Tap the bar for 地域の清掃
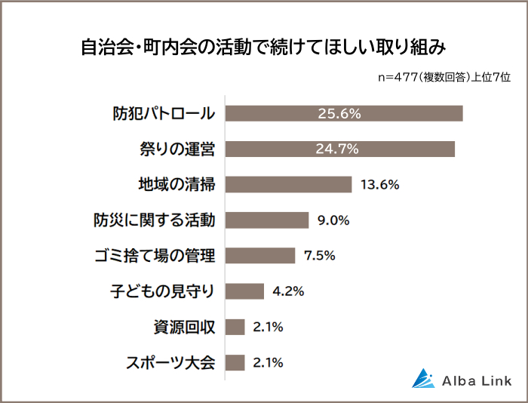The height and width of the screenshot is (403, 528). pos(289,184)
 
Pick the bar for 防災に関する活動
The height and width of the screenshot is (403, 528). pos(267,220)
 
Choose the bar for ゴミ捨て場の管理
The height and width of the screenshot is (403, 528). pos(260,255)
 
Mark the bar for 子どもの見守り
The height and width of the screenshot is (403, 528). pos(245,291)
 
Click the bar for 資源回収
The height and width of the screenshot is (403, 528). pos(235,326)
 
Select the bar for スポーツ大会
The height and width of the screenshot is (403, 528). pos(235,361)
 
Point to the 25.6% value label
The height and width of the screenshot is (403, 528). pos(339,113)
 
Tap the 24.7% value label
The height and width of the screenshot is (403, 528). pos(336,149)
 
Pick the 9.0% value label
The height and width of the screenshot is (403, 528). pos(334,220)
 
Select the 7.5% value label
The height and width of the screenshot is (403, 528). pos(319,255)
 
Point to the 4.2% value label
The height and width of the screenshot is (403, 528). pos(288,291)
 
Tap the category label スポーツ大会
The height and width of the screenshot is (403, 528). pos(169,362)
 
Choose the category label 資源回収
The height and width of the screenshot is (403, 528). pos(184,327)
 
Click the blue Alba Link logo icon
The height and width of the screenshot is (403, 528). pos(423,378)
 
